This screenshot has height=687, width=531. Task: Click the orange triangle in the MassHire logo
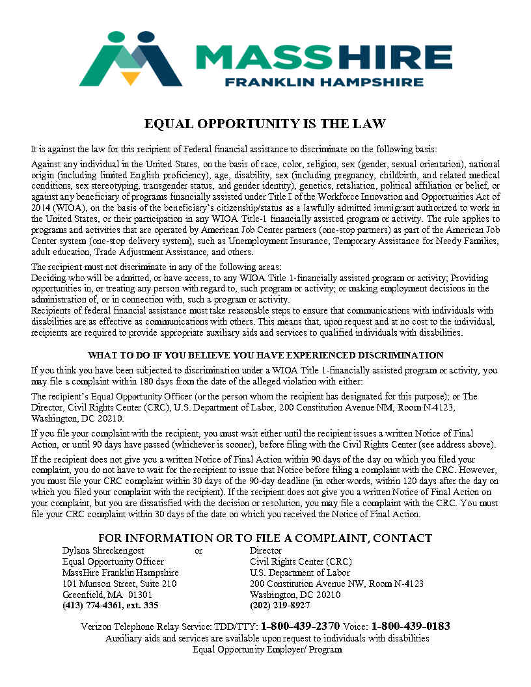131,78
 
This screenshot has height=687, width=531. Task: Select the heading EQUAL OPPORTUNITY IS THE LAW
265,124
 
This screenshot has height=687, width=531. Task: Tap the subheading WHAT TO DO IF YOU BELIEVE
265,355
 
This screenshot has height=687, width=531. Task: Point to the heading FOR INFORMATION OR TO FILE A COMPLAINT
265,538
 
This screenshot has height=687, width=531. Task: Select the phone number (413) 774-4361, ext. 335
110,605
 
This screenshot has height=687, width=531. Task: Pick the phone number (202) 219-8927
280,605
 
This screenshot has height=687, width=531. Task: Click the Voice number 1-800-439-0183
411,626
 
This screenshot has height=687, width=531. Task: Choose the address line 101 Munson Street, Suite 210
119,584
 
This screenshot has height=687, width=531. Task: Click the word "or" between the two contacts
198,550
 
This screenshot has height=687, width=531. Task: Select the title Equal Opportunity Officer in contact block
113,561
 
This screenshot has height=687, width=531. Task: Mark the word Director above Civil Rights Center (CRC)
265,550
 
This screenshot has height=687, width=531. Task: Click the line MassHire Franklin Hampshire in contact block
120,572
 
